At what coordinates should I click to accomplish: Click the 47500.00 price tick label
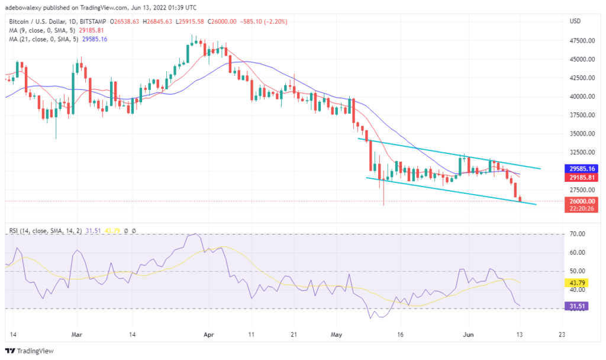click(581, 41)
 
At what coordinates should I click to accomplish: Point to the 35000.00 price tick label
click(581, 134)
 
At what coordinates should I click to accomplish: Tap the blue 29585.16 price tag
click(581, 169)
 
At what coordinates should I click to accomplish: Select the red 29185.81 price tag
click(581, 177)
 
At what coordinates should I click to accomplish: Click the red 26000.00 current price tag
click(581, 201)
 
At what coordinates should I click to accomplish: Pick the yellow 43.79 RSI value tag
click(578, 282)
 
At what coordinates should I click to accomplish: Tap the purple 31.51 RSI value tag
click(578, 306)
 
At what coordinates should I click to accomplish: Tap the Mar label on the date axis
click(76, 333)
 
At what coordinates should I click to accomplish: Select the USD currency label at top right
click(575, 21)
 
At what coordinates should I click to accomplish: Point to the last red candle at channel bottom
click(520, 199)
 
